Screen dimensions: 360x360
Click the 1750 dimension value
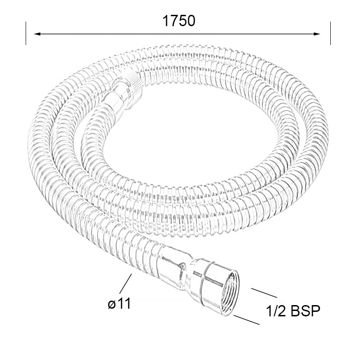click(179, 21)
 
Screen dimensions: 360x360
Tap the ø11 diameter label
click(119, 303)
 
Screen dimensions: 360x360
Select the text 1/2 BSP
click(293, 311)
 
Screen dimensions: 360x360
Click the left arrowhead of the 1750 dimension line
click(37, 34)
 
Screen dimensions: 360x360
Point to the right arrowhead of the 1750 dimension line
click(317, 34)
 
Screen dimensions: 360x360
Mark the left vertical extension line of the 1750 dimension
click(26, 33)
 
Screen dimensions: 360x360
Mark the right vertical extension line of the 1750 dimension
click(330, 33)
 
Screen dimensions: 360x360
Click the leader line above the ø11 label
click(126, 283)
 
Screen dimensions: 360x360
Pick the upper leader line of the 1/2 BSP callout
click(264, 293)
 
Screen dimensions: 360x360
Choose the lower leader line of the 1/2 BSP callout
click(246, 320)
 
